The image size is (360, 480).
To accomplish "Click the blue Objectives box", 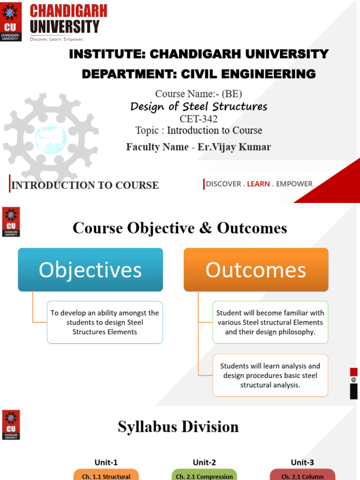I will click(x=90, y=270).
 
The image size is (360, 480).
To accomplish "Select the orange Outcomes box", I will click(x=256, y=270).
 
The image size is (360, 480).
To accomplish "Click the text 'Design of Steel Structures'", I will click(x=199, y=106).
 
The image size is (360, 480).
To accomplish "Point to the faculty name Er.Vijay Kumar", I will click(x=234, y=147).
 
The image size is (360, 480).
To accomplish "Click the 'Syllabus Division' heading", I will click(x=178, y=427).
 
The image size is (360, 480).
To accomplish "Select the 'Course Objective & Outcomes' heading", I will click(x=180, y=228).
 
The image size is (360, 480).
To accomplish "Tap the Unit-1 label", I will click(x=106, y=462).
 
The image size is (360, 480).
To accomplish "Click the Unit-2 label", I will click(x=204, y=462).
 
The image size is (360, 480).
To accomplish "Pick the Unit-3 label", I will click(x=302, y=462).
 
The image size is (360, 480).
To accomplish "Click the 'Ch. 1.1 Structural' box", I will click(x=106, y=475).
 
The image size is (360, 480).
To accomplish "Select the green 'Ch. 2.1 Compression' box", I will click(x=204, y=475).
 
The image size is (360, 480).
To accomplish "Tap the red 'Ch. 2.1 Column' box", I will click(x=302, y=475).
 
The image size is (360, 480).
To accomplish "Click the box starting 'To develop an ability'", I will click(x=105, y=322).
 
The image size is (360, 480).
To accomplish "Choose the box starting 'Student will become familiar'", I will click(x=270, y=322).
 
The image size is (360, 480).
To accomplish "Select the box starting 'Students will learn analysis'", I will click(x=270, y=375).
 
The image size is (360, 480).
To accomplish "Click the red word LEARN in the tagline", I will click(x=258, y=184).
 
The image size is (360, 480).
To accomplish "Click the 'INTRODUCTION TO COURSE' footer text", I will click(x=85, y=185).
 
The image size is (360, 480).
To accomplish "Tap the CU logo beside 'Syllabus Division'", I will click(x=11, y=425).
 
